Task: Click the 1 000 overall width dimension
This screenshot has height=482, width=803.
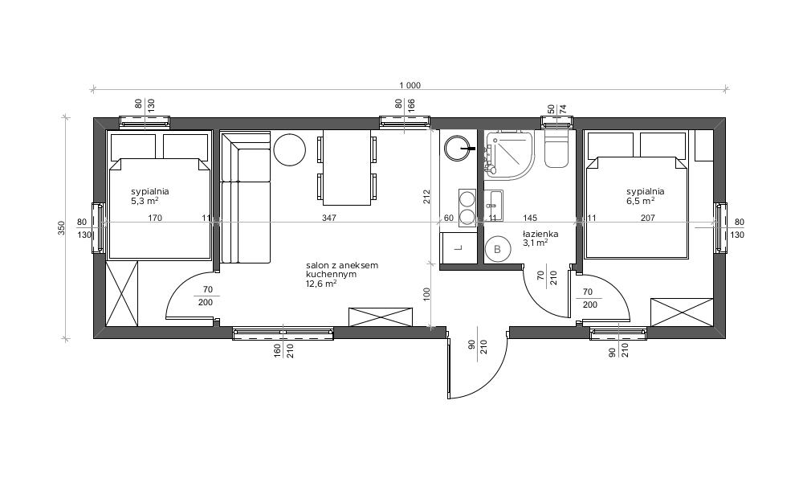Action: click(410, 85)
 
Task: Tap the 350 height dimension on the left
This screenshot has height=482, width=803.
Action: click(62, 228)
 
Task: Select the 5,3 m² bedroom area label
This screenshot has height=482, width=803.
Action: click(145, 201)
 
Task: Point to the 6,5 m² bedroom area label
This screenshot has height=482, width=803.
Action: click(641, 201)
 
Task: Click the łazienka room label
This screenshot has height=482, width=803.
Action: click(540, 234)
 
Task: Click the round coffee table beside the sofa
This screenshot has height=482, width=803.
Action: click(290, 149)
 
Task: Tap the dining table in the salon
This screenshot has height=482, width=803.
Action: click(347, 168)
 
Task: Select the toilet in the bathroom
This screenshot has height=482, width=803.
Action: click(556, 149)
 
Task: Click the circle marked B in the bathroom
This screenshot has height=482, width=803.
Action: click(497, 250)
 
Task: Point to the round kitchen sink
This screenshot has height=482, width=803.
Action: click(457, 148)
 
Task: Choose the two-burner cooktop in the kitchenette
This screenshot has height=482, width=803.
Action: click(467, 207)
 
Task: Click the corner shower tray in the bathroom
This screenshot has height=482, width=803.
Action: click(509, 154)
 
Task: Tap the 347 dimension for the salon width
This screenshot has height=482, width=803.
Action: click(328, 218)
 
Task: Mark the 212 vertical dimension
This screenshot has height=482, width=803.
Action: click(426, 197)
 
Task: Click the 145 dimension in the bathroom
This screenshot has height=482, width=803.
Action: click(530, 218)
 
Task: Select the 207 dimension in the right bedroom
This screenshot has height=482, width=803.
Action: click(648, 218)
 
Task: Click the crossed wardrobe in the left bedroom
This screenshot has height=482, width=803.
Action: click(122, 293)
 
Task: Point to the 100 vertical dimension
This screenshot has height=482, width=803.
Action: click(426, 294)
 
